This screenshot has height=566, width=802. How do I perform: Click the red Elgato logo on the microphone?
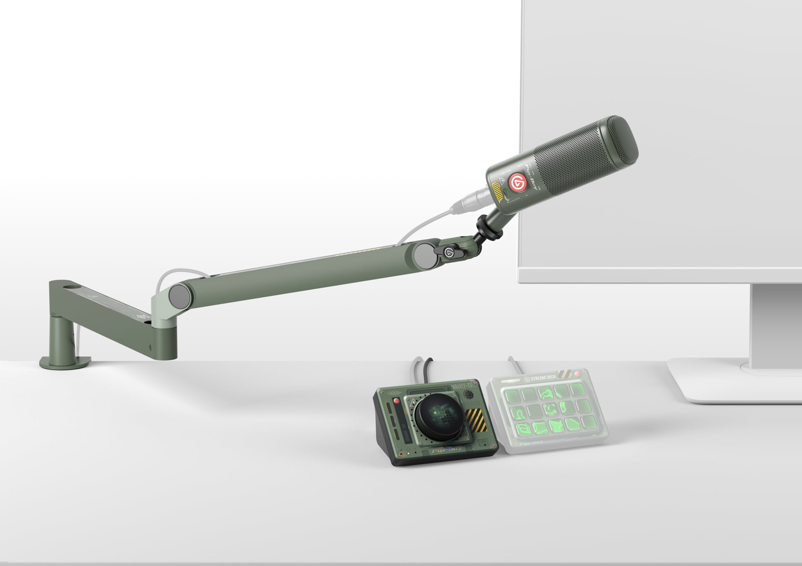(517, 182)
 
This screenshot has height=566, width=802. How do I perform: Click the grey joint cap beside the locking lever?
(425, 256)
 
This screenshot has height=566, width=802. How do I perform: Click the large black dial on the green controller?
(439, 417)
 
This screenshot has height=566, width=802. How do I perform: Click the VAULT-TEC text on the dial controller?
(463, 386)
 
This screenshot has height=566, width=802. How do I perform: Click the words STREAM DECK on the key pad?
(543, 377)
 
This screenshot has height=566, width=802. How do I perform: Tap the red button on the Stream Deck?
(577, 374)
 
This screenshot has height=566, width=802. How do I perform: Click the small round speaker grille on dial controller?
(469, 395)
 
